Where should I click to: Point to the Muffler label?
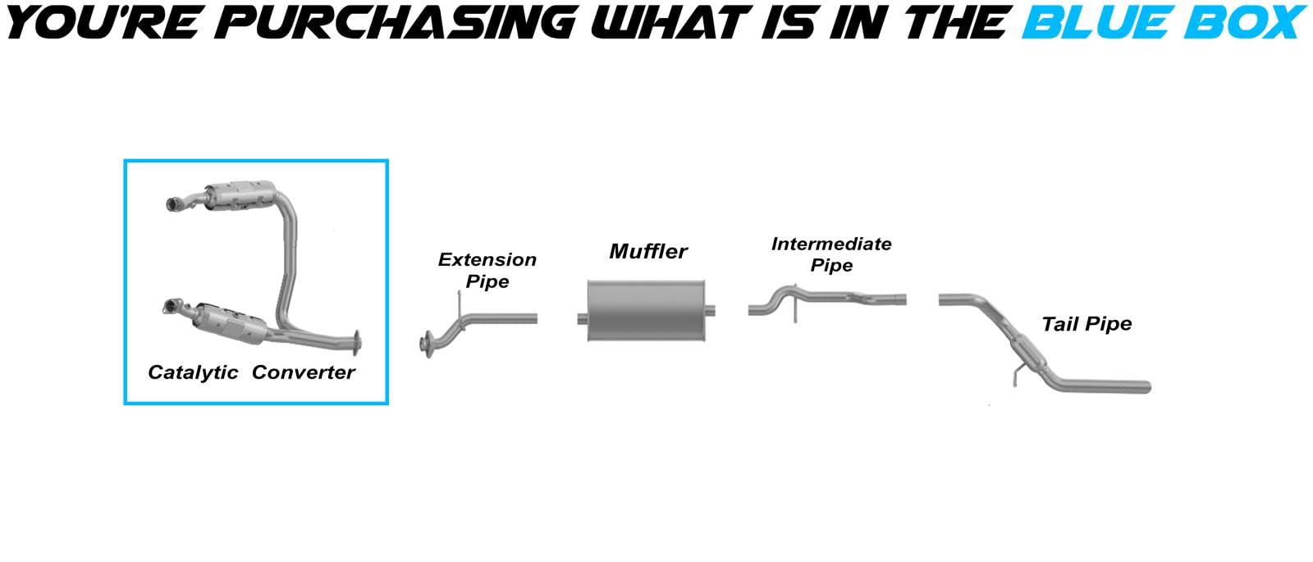tap(648, 251)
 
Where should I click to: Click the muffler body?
tap(646, 311)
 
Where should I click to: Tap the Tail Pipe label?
tap(1087, 323)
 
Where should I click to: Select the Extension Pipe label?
tap(487, 270)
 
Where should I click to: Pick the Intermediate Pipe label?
tap(831, 254)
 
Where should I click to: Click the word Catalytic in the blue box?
tap(193, 372)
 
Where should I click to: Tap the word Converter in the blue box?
tap(303, 372)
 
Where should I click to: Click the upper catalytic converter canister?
tap(240, 196)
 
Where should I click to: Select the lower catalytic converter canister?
tap(230, 324)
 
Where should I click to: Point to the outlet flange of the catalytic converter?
tap(356, 344)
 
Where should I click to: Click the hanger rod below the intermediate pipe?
tap(795, 308)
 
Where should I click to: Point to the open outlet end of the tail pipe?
tap(1148, 386)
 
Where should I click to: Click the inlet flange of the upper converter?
tap(174, 204)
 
